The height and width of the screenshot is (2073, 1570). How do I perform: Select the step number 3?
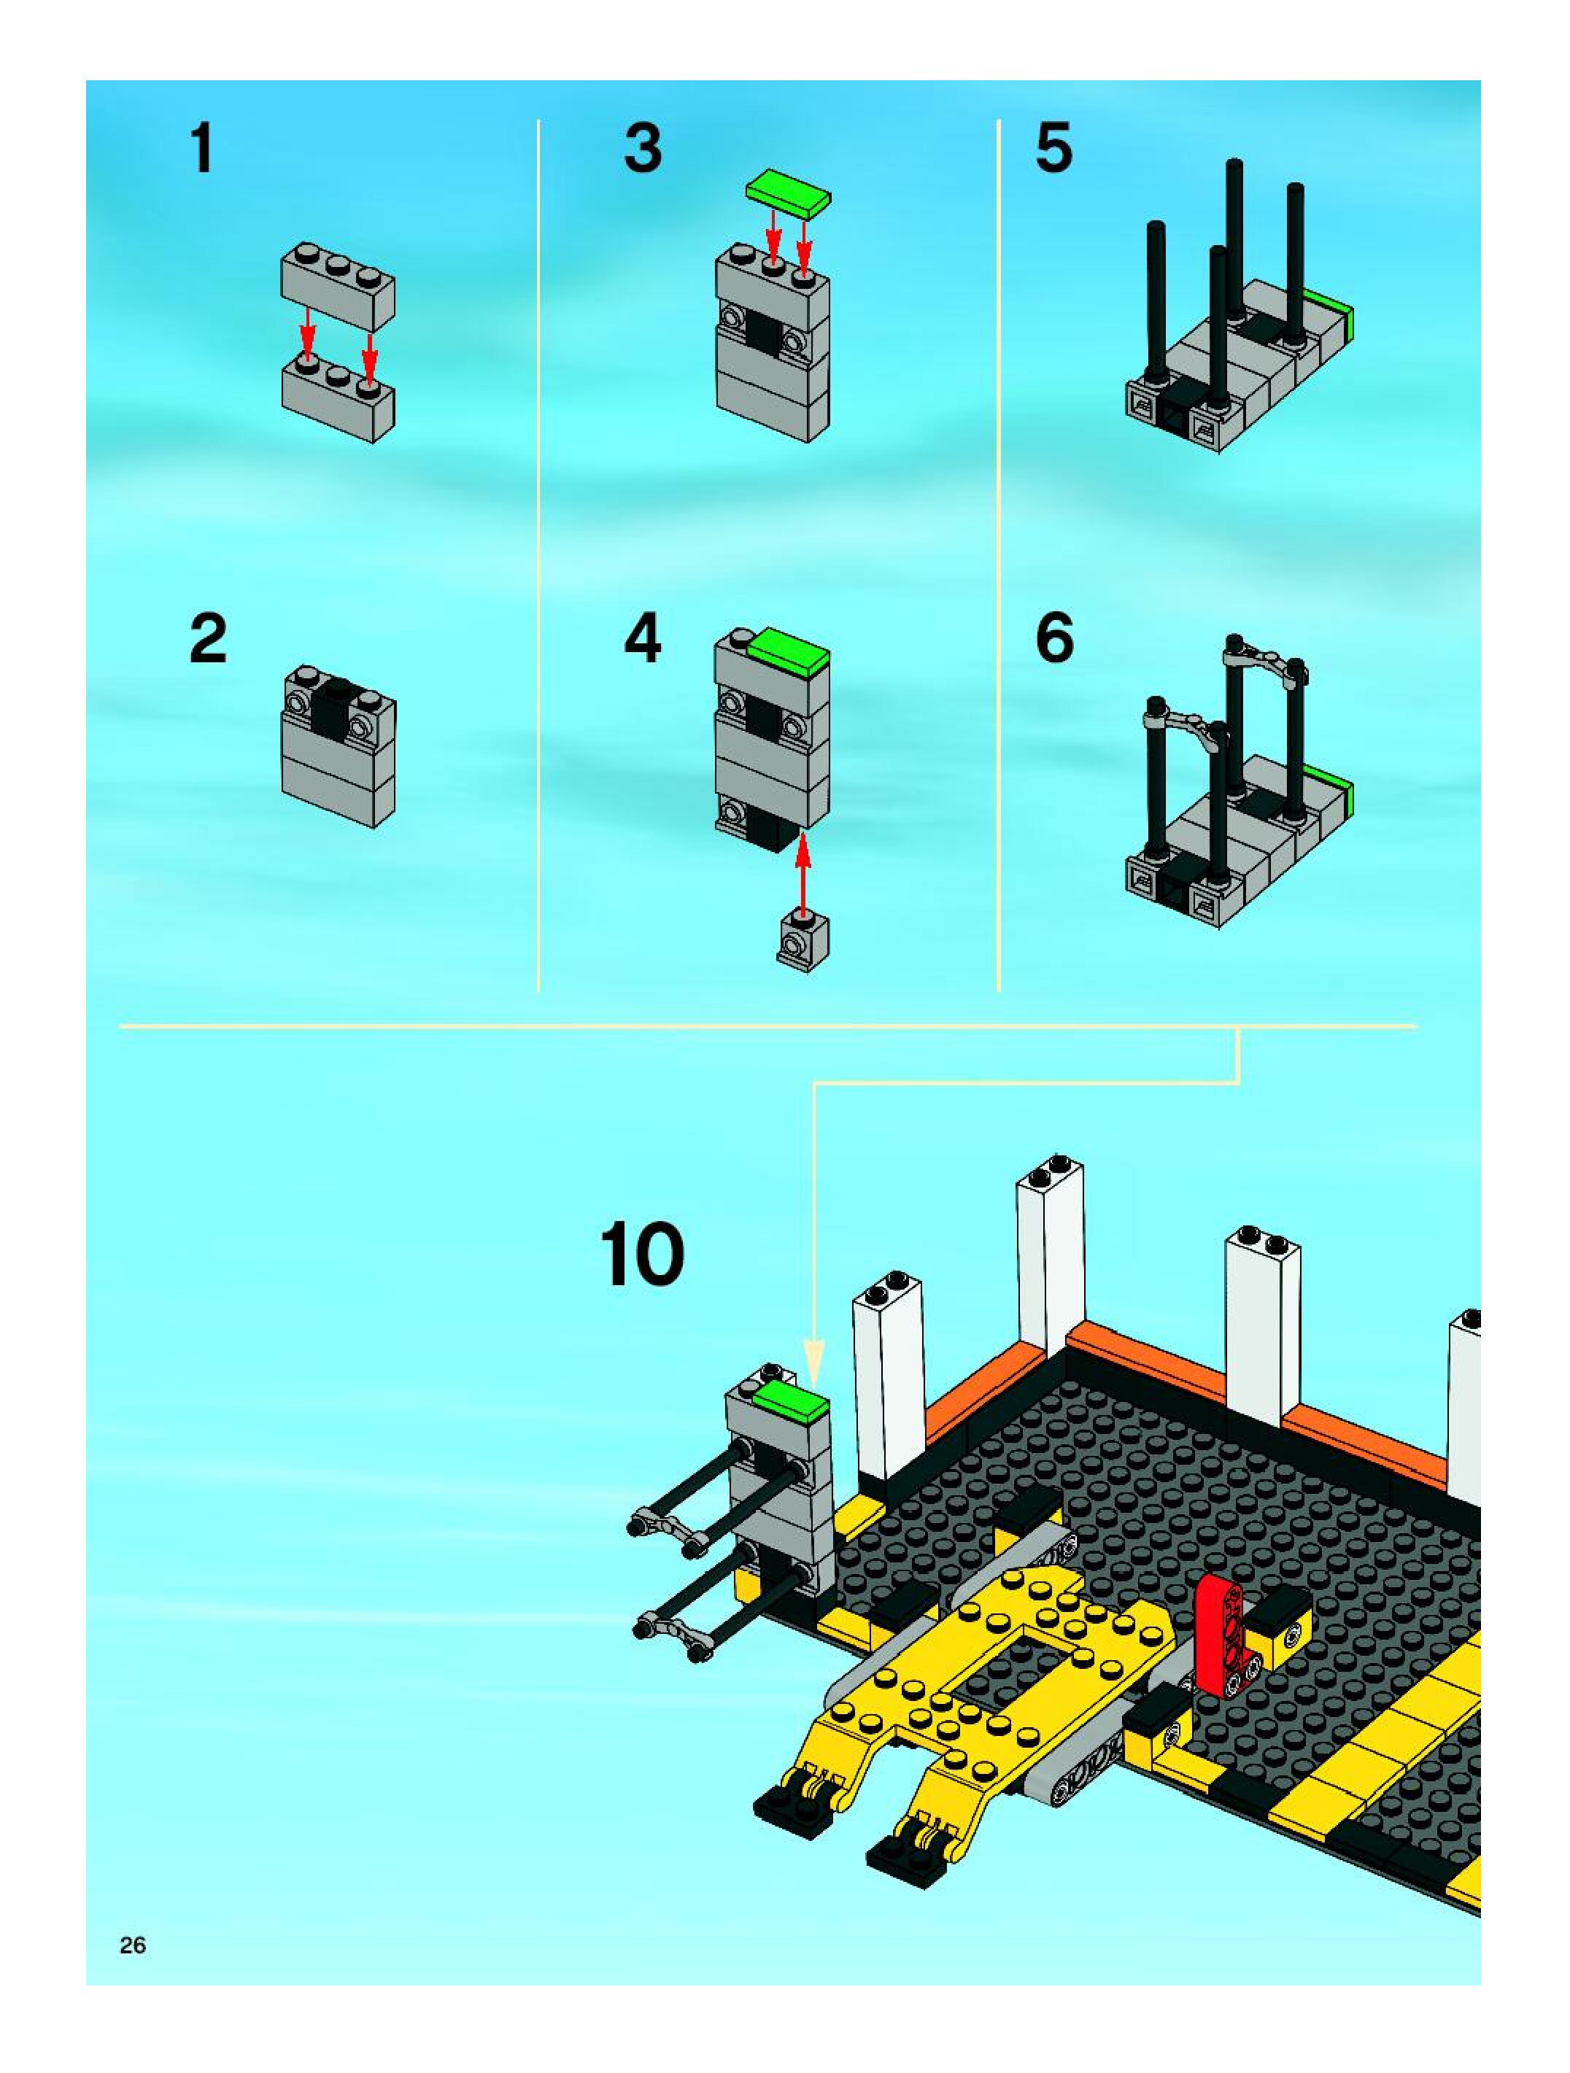click(643, 150)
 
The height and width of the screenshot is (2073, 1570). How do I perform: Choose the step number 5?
click(1054, 150)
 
